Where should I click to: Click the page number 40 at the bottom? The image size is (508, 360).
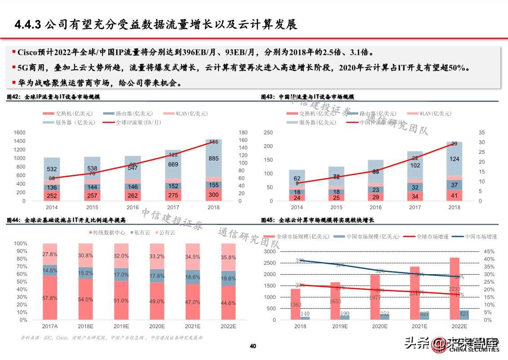click(x=253, y=346)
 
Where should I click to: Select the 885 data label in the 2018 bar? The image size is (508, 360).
click(x=214, y=159)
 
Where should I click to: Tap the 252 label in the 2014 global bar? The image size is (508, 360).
click(x=52, y=196)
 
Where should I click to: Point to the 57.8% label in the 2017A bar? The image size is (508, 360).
click(x=49, y=298)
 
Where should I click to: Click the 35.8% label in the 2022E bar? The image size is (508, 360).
click(x=228, y=258)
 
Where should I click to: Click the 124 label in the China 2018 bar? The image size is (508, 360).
click(x=454, y=159)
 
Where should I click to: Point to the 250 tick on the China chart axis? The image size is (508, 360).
click(x=268, y=133)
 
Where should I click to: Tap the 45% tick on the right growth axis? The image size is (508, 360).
click(x=489, y=252)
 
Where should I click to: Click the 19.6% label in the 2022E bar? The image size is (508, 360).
click(x=228, y=278)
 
